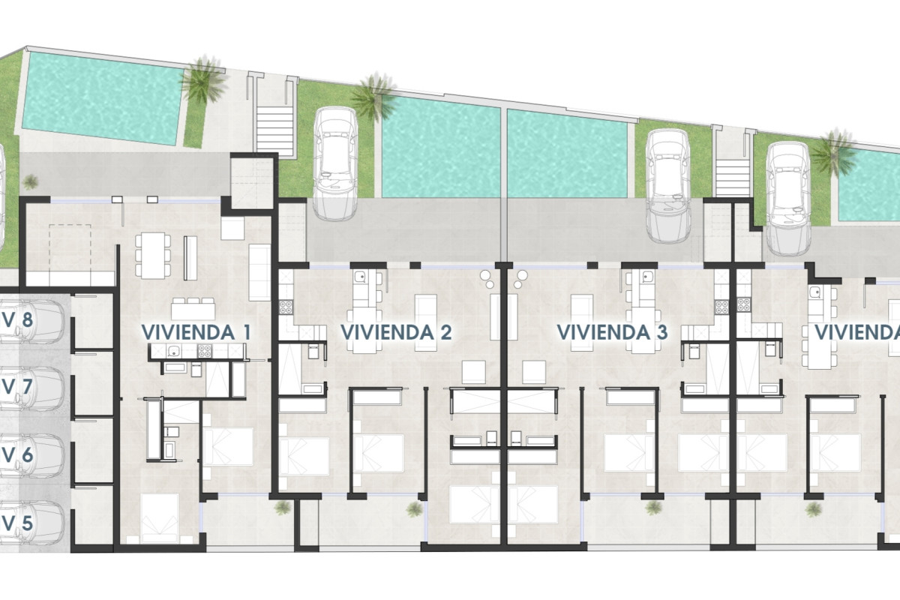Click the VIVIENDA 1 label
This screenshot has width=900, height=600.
point(196,331)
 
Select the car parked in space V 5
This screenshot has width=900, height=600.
point(37,522)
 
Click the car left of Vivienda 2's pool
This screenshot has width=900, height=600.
point(335,163)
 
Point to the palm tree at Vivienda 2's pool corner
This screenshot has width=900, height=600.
point(372,95)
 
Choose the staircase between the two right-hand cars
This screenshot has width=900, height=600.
point(733,170)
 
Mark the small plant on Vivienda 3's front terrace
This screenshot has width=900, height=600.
point(653,508)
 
